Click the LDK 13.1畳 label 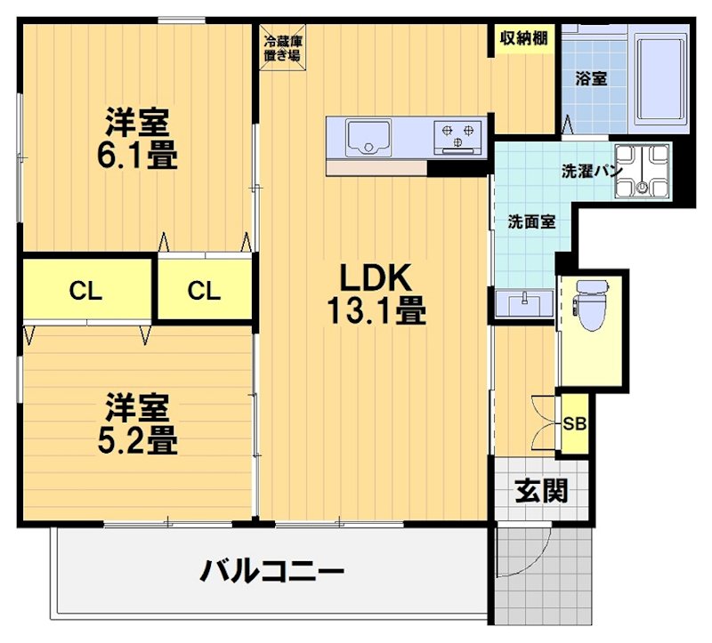pos(373,294)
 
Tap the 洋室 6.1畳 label pos(137,139)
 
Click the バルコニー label pos(271,570)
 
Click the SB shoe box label pos(574,423)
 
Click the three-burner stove pos(457,136)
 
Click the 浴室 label pos(591,78)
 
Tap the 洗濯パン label pos(590,169)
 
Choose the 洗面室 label pos(531,221)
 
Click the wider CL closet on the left pos(86,290)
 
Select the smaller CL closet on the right pos(204,290)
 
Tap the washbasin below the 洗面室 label pos(522,303)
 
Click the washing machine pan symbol pos(646,170)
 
